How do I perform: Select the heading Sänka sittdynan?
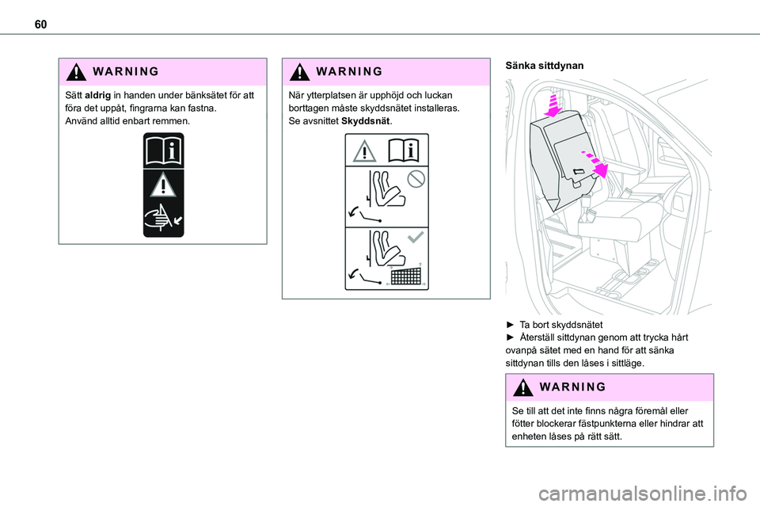pos(544,67)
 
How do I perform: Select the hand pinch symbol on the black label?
pos(163,217)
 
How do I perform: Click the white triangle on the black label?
pos(163,185)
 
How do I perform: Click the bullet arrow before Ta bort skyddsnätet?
pos(510,325)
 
